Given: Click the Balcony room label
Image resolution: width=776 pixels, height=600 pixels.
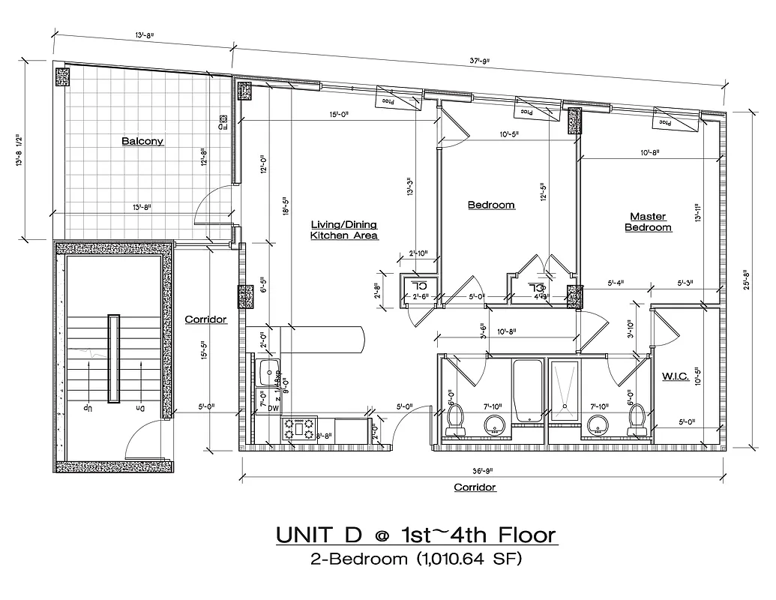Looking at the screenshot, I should click(x=142, y=141).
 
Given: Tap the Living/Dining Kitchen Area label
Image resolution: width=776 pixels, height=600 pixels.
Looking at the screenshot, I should click(x=344, y=229).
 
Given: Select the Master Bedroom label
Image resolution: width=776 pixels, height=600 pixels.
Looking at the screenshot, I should click(x=648, y=222).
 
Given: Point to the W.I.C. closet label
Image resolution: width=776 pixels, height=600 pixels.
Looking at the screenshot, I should click(x=676, y=376).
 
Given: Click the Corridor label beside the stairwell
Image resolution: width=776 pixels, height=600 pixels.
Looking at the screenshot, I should click(x=205, y=319).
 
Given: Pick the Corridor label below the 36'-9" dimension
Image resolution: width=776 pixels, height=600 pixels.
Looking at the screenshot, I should click(x=475, y=487).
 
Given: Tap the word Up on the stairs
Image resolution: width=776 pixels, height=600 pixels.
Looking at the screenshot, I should click(x=88, y=408).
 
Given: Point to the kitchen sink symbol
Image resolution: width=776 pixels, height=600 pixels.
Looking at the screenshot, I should click(x=266, y=371).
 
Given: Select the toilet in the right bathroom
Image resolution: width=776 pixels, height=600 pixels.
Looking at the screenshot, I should click(x=637, y=421).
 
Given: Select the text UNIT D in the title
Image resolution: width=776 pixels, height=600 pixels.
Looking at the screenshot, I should click(x=319, y=535).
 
